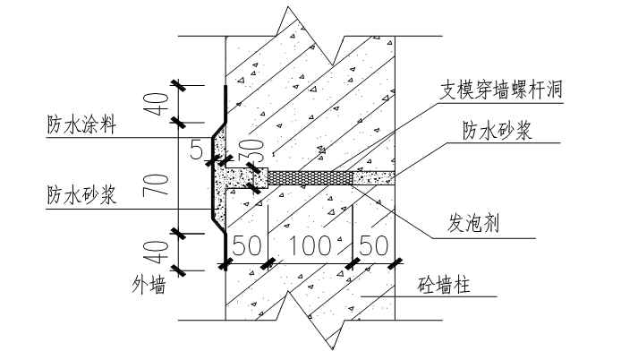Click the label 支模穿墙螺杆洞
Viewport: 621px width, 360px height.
501,90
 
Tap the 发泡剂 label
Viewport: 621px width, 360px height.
472,223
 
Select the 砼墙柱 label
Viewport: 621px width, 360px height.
444,285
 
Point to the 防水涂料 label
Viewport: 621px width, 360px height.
81,124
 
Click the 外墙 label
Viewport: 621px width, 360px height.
149,285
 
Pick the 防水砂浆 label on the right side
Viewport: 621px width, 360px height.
498,131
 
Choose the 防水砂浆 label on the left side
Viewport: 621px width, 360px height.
81,195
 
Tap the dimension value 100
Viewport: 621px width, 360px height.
310,245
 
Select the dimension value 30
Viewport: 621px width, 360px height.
256,150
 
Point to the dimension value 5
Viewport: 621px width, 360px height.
197,150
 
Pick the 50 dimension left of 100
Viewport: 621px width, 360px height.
247,245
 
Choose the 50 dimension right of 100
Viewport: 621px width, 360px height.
373,245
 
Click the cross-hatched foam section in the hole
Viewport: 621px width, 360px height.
310,178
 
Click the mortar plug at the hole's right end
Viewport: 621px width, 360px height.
374,178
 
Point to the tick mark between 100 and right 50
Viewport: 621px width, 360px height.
353,263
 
